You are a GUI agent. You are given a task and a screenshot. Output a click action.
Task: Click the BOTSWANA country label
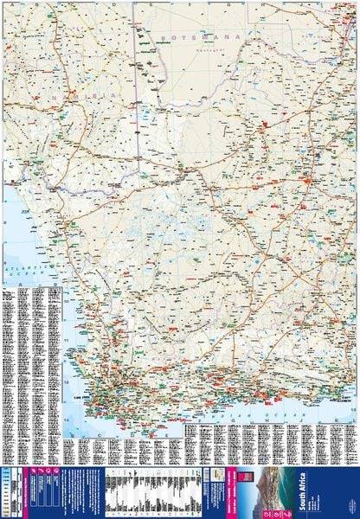pyautogui.click(x=186, y=40)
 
